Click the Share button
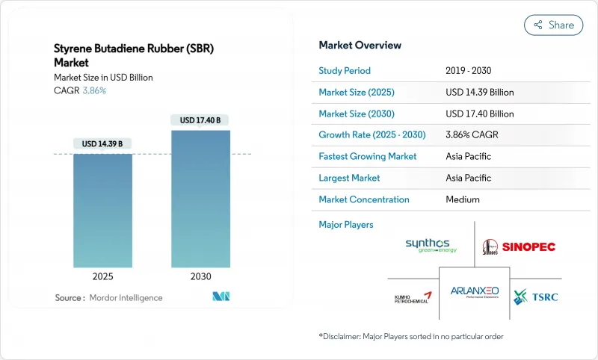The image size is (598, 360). pyautogui.click(x=553, y=25)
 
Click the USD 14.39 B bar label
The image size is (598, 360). pyautogui.click(x=103, y=143)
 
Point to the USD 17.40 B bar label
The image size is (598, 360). pyautogui.click(x=200, y=120)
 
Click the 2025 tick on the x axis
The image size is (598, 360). pyautogui.click(x=103, y=276)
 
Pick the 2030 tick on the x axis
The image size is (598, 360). pyautogui.click(x=200, y=276)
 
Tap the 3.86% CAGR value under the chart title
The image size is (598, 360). pyautogui.click(x=93, y=90)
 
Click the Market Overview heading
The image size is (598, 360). pyautogui.click(x=360, y=46)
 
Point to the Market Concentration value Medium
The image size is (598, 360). pyautogui.click(x=463, y=199)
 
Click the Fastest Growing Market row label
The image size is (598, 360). pyautogui.click(x=368, y=157)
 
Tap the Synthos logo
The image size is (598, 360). pyautogui.click(x=431, y=246)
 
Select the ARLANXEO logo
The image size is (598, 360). pyautogui.click(x=474, y=293)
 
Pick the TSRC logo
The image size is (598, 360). pyautogui.click(x=536, y=296)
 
